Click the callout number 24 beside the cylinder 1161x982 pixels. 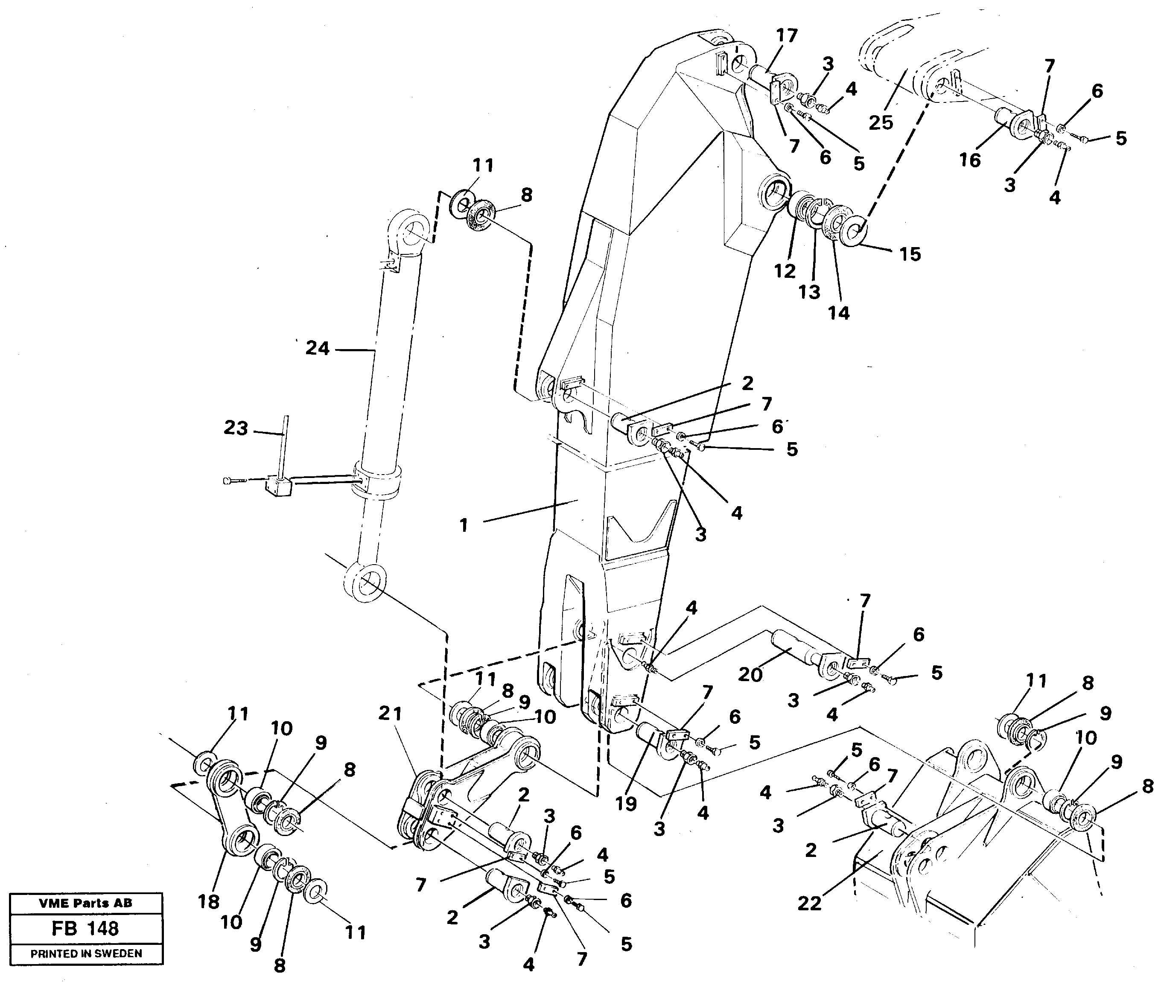(318, 349)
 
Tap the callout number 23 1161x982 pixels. (236, 428)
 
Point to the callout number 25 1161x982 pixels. (881, 122)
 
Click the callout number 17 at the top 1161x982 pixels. (787, 35)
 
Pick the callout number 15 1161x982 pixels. (910, 254)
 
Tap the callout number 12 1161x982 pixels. (785, 271)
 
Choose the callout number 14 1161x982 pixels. (839, 313)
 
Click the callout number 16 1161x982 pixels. (969, 160)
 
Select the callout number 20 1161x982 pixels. (750, 675)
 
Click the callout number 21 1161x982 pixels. (390, 713)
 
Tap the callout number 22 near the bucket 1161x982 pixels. (809, 903)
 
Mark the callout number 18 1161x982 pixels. (209, 901)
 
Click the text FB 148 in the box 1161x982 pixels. (85, 929)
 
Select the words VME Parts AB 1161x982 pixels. (85, 903)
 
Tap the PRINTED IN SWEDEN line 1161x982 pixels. (86, 953)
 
